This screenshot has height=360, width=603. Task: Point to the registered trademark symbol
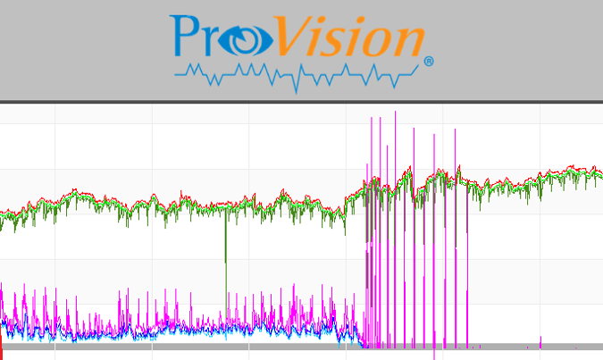click(x=429, y=62)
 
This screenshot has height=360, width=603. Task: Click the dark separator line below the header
click(x=301, y=101)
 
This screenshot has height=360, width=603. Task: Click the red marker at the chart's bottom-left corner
click(x=2, y=351)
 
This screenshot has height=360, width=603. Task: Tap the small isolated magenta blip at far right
click(x=540, y=340)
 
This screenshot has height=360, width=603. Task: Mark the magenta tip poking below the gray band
click(x=434, y=355)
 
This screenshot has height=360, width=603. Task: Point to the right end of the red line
click(x=600, y=169)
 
